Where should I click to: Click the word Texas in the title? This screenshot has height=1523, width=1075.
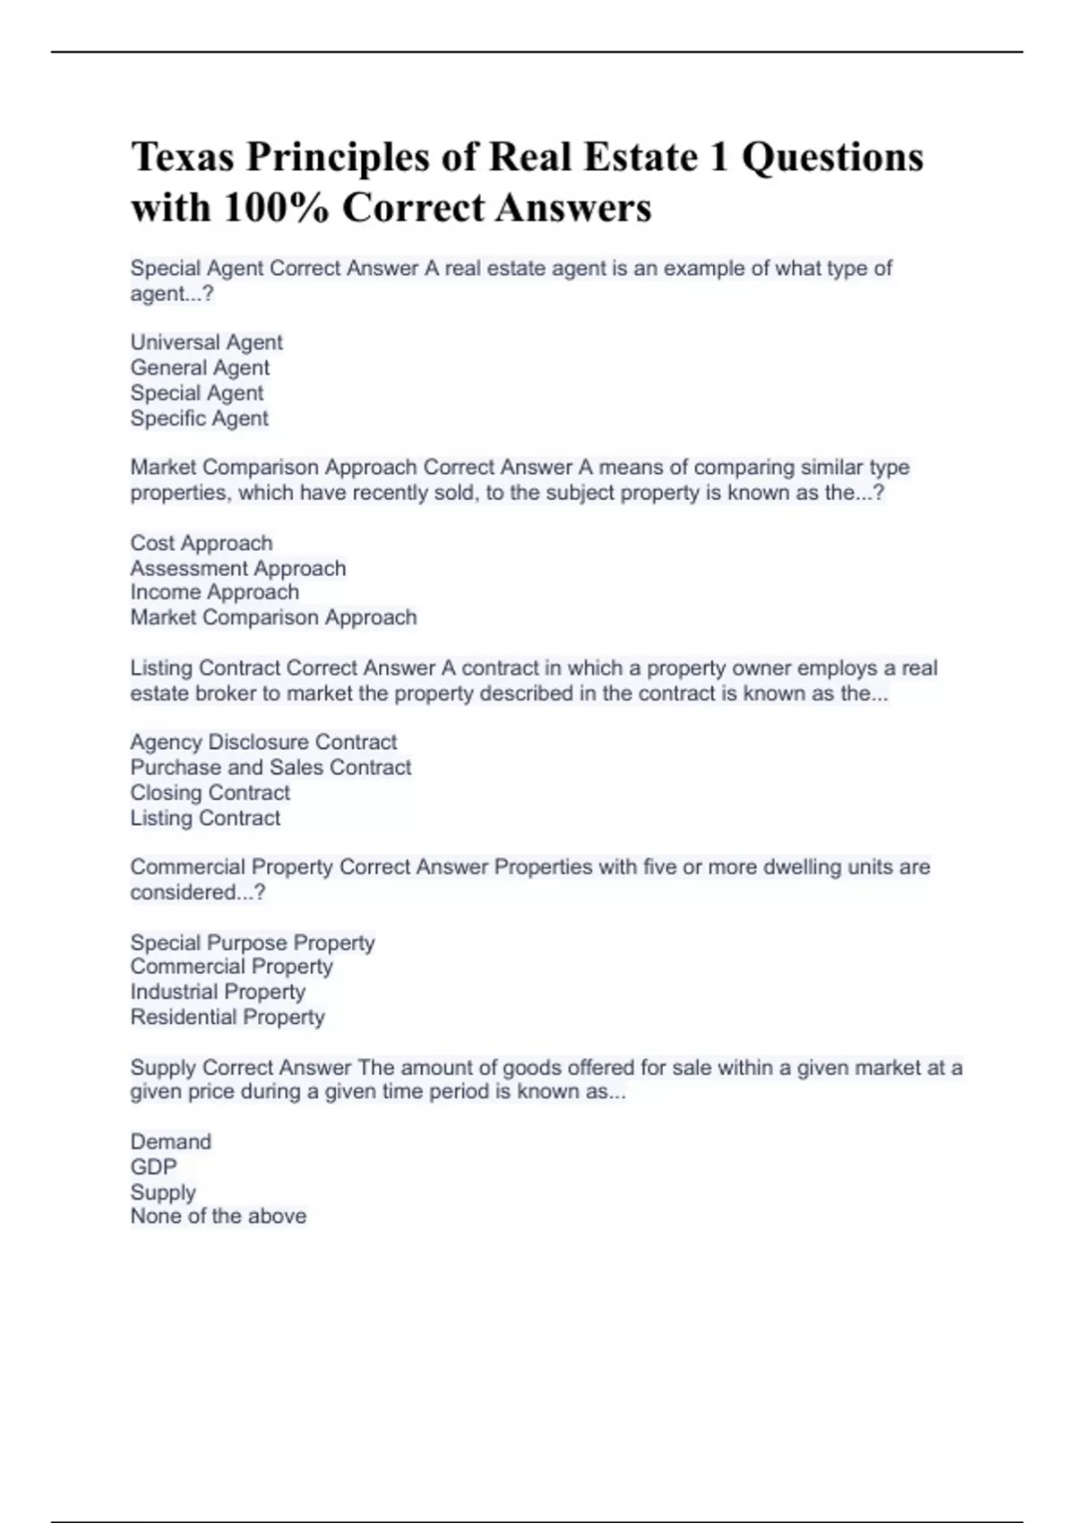[182, 158]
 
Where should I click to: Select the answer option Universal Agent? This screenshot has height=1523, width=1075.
[206, 342]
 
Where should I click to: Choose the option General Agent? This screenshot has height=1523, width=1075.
[200, 367]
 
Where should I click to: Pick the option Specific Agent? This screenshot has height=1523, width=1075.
[199, 418]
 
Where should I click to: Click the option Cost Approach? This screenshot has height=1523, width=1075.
[201, 543]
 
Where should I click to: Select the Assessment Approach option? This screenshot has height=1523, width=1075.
[237, 568]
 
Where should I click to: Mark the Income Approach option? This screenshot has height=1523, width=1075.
[214, 592]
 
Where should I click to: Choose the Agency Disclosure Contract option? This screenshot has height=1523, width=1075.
[262, 742]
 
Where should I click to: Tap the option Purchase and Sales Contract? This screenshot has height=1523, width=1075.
[271, 767]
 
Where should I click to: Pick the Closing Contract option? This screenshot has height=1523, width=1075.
[210, 793]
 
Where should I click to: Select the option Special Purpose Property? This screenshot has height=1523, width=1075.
[252, 942]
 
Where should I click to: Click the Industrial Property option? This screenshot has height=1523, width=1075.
[218, 992]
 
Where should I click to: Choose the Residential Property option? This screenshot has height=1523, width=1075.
[227, 1017]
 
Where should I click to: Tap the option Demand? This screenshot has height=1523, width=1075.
[170, 1141]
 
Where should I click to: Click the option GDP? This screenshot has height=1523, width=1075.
[153, 1166]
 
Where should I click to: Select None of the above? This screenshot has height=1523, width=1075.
[218, 1216]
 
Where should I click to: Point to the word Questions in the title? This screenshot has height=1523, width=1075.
[832, 158]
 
